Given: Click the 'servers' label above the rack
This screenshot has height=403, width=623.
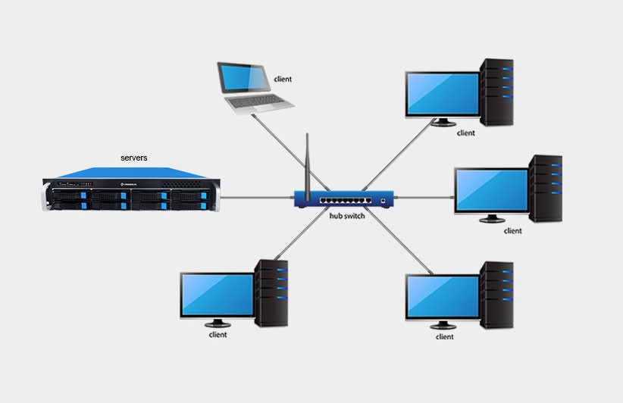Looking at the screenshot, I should point(134,158).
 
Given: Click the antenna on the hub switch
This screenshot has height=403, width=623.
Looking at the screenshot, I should point(307,162).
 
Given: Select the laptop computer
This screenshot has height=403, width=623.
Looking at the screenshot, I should point(244,87).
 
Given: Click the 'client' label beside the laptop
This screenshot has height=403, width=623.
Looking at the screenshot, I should point(283,79).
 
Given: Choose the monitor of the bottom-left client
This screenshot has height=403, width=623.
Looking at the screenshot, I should point(218,295).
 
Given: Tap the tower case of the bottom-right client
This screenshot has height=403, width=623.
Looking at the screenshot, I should point(498,295).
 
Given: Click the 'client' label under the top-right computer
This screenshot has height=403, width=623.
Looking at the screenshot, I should point(466,133).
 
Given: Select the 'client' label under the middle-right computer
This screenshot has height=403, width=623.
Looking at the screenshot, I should point(513,231).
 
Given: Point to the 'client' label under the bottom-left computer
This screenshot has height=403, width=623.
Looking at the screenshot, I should point(218,334).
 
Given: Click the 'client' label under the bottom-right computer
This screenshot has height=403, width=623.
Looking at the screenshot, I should point(444,336).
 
